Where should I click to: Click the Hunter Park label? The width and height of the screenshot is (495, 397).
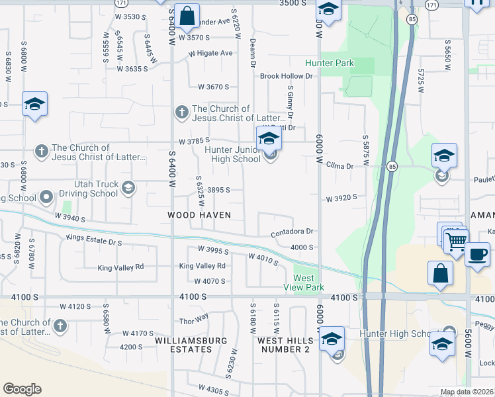click(329, 64)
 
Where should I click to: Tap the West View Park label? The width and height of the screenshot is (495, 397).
click(308, 283)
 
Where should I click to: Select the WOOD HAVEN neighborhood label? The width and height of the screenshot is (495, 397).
click(199, 215)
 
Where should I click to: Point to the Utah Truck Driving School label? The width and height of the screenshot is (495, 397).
click(87, 190)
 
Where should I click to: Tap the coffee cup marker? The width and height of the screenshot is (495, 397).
click(477, 254)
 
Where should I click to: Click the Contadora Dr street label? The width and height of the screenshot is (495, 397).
click(291, 232)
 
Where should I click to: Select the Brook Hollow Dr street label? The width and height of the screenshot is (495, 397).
click(286, 76)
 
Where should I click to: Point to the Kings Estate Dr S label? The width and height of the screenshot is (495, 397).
click(95, 241)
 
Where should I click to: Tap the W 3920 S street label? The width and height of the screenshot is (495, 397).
click(341, 198)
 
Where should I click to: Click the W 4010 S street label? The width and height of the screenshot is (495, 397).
click(264, 258)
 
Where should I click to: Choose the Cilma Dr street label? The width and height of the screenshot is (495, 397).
click(340, 166)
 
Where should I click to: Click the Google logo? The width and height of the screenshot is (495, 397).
click(22, 389)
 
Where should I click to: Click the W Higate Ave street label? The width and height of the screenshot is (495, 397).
click(210, 53)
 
